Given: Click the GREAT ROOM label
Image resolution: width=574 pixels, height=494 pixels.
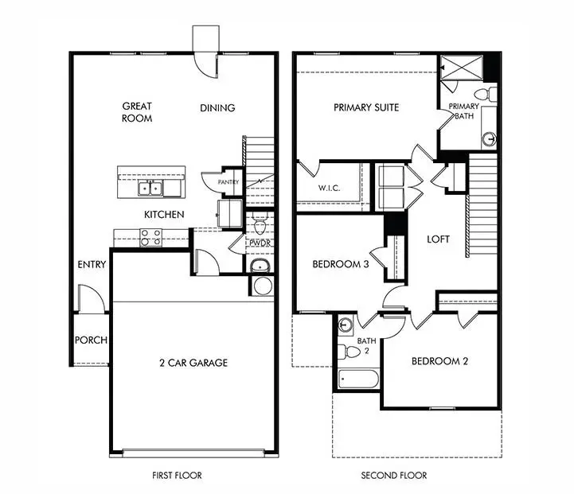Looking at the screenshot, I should pyautogui.click(x=137, y=112).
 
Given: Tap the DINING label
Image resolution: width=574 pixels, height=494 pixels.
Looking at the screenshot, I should pyautogui.click(x=217, y=108).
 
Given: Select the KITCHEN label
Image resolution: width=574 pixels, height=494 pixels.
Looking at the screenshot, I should pyautogui.click(x=164, y=215).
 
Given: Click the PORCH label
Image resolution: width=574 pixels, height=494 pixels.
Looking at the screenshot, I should pyautogui.click(x=91, y=340).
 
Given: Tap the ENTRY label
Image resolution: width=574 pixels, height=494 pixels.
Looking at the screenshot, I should pyautogui.click(x=92, y=265).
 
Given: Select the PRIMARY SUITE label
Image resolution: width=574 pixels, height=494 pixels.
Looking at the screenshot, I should pyautogui.click(x=366, y=107).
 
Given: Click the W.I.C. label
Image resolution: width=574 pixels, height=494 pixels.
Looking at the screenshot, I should pyautogui.click(x=329, y=189).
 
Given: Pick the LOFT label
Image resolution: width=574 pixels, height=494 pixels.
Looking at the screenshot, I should pyautogui.click(x=439, y=239).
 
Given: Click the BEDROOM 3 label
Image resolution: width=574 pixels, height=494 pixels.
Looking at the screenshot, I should pyautogui.click(x=340, y=265).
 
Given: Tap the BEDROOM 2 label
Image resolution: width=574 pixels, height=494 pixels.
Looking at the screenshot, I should pyautogui.click(x=439, y=361).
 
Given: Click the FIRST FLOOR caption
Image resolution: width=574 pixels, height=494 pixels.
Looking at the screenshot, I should pyautogui.click(x=177, y=476).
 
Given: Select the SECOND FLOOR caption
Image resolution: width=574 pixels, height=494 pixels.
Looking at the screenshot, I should pyautogui.click(x=395, y=476).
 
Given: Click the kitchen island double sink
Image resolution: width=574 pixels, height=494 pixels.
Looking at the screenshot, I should pyautogui.click(x=150, y=188).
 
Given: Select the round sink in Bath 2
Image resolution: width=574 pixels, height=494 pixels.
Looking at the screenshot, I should pyautogui.click(x=345, y=324).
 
